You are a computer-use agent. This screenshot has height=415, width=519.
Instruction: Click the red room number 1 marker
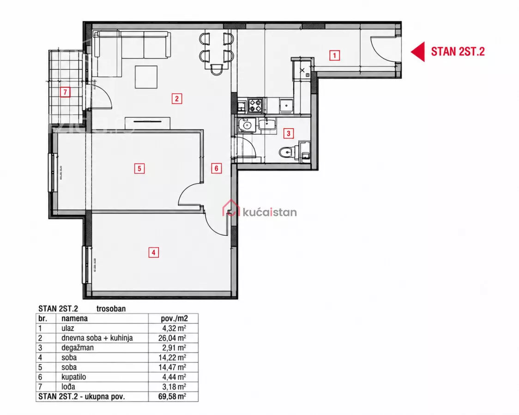(x=334, y=55)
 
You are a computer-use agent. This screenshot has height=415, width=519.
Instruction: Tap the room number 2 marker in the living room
(x=177, y=99)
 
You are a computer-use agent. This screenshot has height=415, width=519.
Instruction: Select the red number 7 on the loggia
(x=65, y=92)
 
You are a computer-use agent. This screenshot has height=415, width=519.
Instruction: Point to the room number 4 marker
(x=153, y=253)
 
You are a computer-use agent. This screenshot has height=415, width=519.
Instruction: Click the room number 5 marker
(x=139, y=168)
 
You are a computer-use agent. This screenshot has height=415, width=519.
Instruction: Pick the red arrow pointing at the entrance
(x=418, y=52)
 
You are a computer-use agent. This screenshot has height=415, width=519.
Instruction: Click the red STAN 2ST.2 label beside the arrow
(x=458, y=52)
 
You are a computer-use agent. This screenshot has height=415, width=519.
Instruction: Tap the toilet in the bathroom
(x=285, y=152)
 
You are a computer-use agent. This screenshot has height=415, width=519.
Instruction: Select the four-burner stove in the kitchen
(x=255, y=105)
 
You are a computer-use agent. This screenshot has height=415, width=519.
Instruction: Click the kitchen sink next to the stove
(x=286, y=106)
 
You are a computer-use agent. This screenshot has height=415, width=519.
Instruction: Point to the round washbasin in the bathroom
(x=246, y=125)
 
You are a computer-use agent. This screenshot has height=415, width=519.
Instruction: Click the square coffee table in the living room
(x=146, y=77)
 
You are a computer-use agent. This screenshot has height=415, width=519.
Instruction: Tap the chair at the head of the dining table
(x=216, y=70)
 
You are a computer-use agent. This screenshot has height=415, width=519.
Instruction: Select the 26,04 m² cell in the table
(x=172, y=338)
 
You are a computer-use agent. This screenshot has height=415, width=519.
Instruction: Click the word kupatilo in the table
(x=73, y=377)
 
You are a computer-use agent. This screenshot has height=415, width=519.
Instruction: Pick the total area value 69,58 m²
(x=172, y=396)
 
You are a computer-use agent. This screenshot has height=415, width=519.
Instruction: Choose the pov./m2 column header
(x=175, y=319)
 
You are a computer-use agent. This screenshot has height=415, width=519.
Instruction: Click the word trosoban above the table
(x=111, y=308)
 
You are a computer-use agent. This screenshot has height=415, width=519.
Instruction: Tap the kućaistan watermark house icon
(x=231, y=208)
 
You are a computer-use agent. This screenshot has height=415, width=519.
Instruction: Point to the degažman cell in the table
(x=78, y=348)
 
